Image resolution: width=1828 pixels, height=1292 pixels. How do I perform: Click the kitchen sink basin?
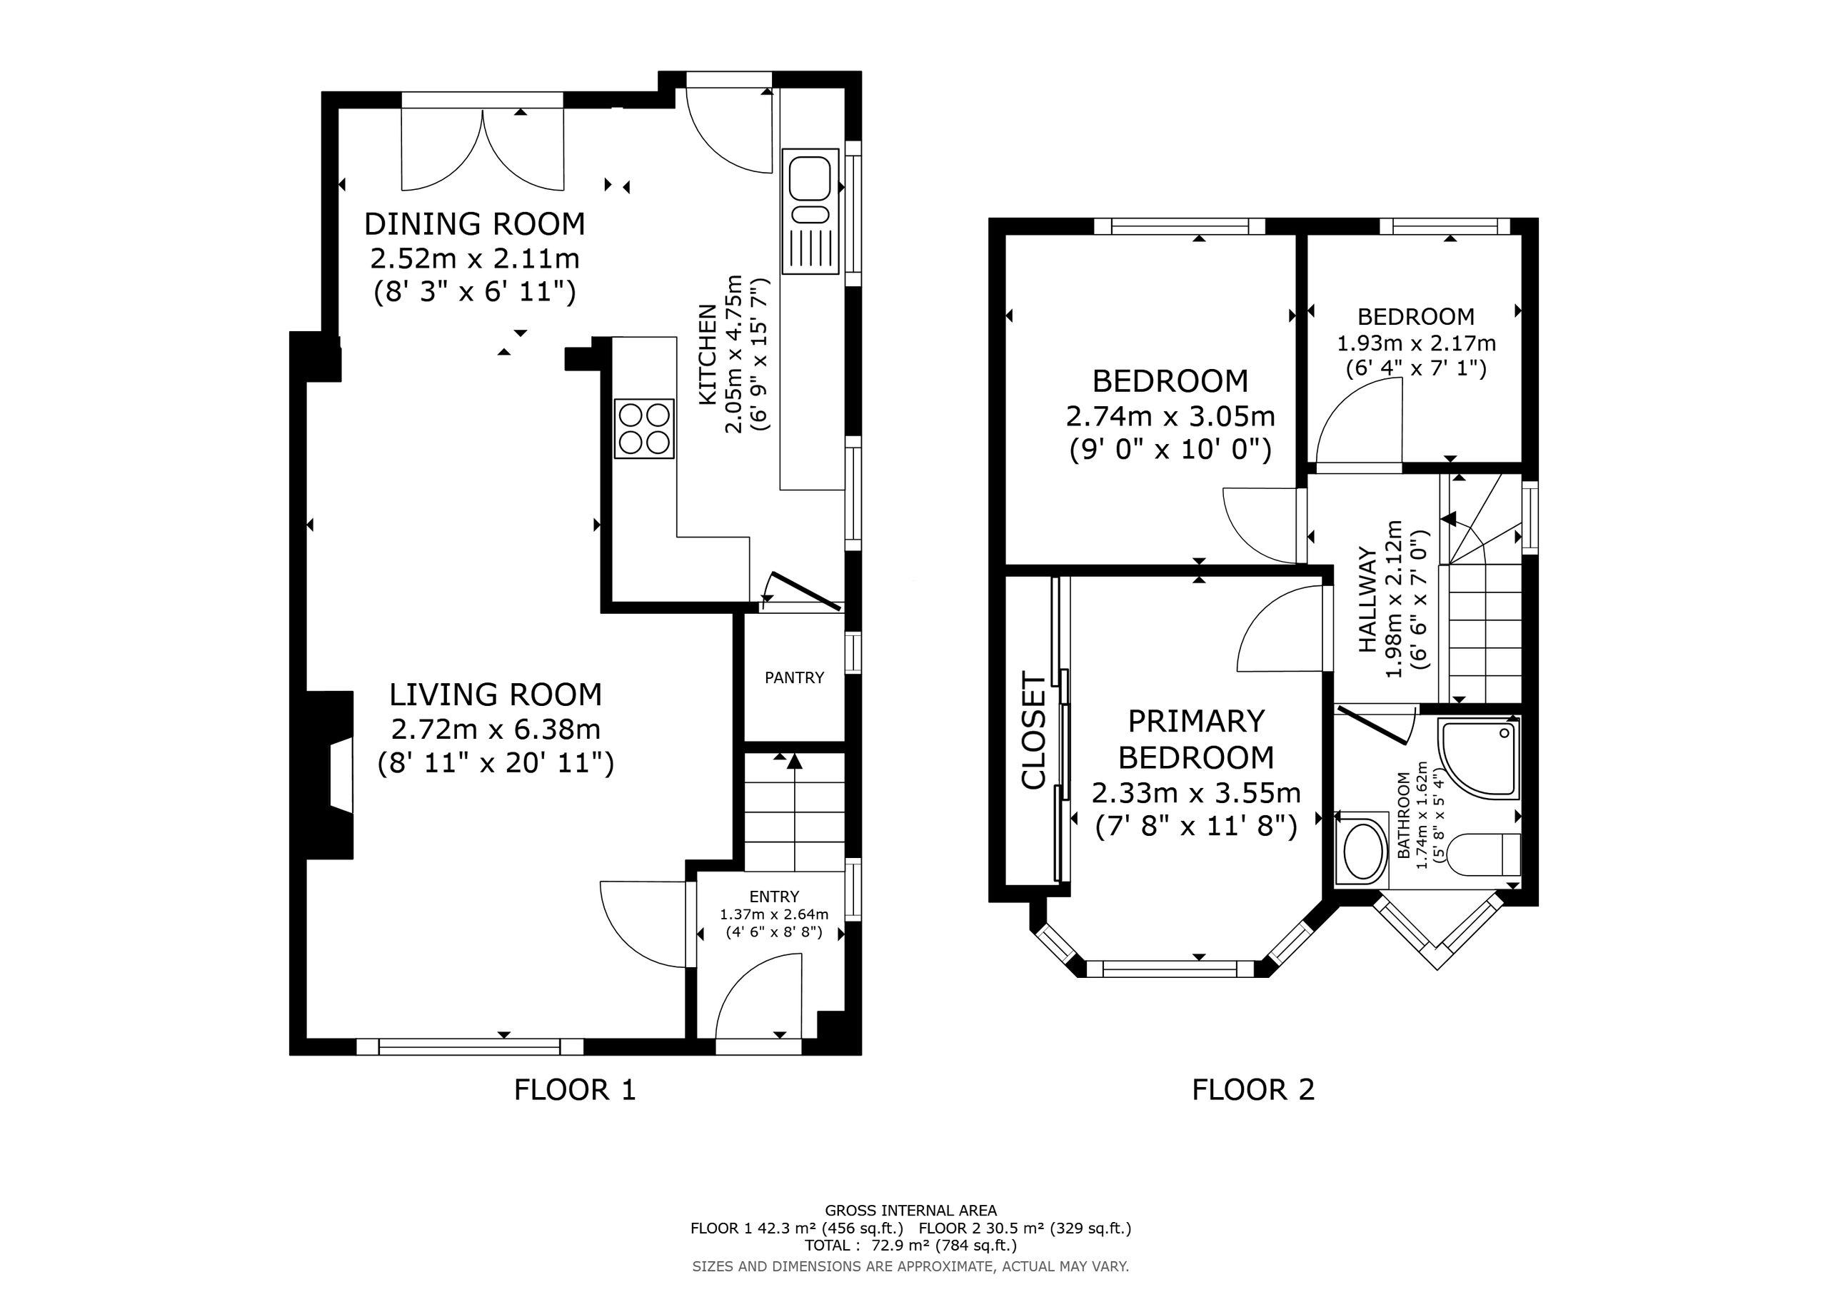coord(809,178)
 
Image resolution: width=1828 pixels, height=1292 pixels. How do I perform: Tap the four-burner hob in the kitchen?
coord(644,428)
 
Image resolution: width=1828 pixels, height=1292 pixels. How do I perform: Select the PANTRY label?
coord(794,677)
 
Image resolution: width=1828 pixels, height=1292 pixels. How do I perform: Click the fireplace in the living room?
coord(331,774)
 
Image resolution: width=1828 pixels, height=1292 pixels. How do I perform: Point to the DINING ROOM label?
coord(475,223)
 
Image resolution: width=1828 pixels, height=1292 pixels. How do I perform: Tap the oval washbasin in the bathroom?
coord(1363,849)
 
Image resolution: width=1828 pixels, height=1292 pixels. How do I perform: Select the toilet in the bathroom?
coord(1482,855)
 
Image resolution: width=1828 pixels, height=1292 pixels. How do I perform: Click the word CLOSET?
coord(1033,731)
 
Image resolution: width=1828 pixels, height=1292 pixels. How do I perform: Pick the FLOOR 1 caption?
coord(575,1089)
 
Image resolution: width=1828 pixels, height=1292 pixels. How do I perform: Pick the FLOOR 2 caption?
coord(1253,1089)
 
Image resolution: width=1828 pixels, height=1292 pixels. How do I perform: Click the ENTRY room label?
coord(774,897)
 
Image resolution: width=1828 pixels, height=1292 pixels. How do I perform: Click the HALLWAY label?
coord(1367,600)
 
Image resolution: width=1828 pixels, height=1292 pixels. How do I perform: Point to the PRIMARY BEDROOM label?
coord(1196,739)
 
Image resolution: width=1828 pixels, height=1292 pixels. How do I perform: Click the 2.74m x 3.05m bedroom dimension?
coord(1170,416)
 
